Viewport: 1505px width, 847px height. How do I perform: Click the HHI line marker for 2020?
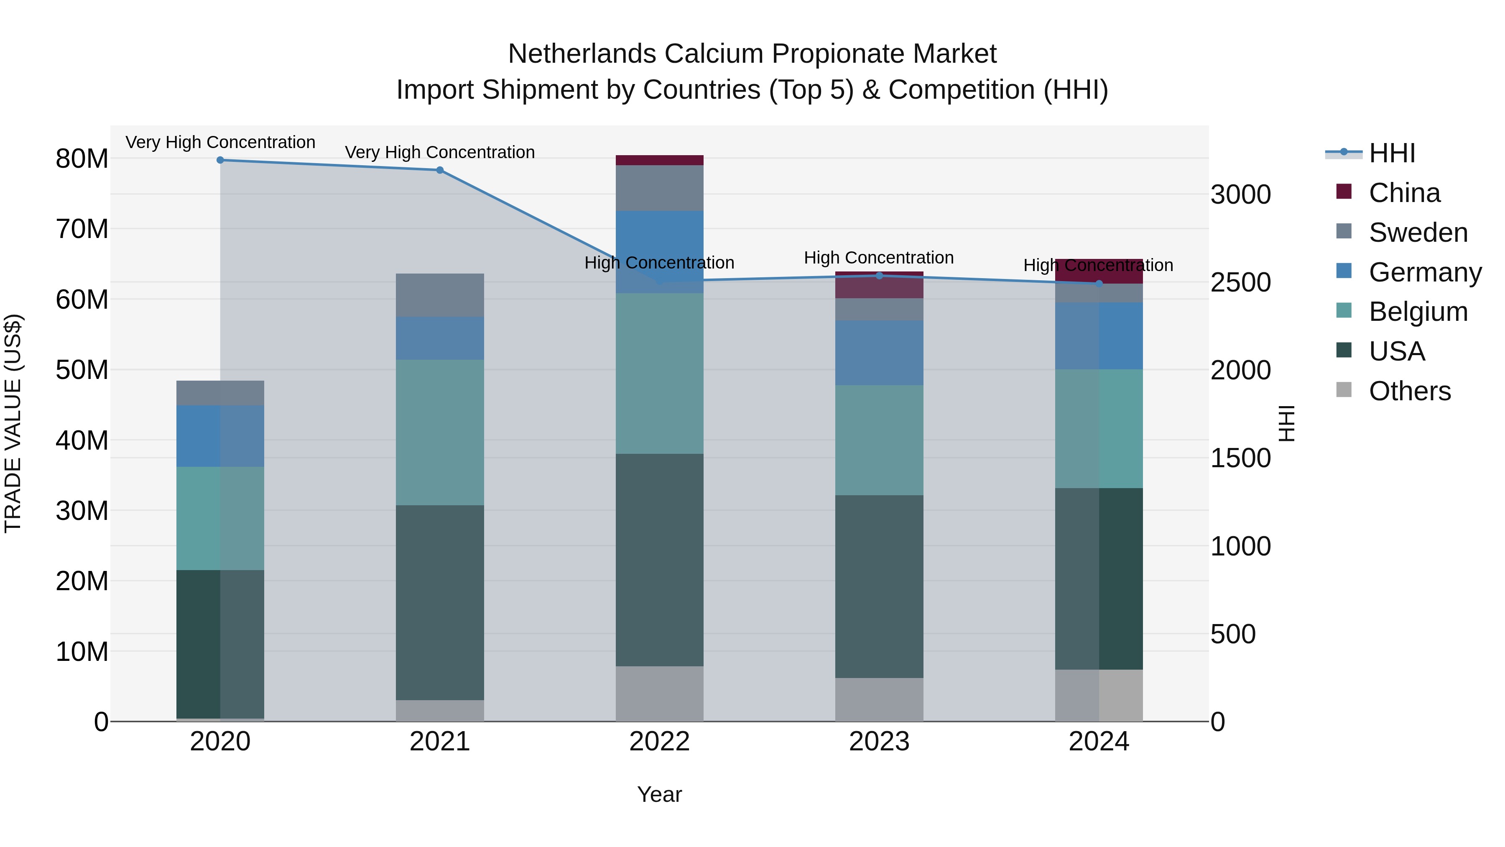pyautogui.click(x=220, y=160)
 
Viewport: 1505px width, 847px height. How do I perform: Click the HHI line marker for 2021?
pyautogui.click(x=440, y=170)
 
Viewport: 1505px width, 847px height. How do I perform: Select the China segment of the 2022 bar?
pyautogui.click(x=660, y=160)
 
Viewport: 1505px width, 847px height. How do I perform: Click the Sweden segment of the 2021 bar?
pyautogui.click(x=440, y=295)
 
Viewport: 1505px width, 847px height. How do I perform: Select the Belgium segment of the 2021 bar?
pyautogui.click(x=440, y=432)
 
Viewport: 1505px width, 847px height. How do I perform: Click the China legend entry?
pyautogui.click(x=1404, y=193)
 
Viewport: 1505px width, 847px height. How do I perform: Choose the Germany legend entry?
pyautogui.click(x=1424, y=272)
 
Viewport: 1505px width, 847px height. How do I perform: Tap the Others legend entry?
pyautogui.click(x=1409, y=391)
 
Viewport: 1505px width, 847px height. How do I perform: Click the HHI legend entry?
pyautogui.click(x=1392, y=153)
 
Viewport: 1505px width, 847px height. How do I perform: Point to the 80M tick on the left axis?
pyautogui.click(x=82, y=159)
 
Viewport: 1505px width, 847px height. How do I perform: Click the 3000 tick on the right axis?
pyautogui.click(x=1240, y=194)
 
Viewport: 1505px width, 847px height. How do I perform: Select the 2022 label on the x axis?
pyautogui.click(x=660, y=742)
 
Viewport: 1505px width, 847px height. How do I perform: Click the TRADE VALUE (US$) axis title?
pyautogui.click(x=13, y=423)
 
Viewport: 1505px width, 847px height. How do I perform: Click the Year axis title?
pyautogui.click(x=660, y=794)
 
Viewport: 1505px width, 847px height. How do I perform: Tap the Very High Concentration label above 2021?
pyautogui.click(x=440, y=152)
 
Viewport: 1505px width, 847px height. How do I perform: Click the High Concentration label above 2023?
pyautogui.click(x=879, y=258)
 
